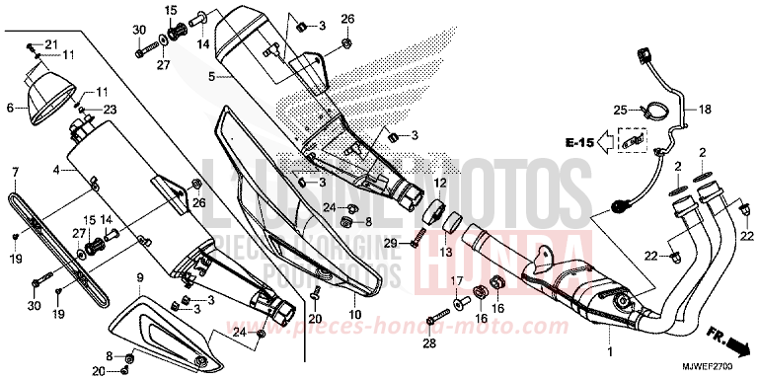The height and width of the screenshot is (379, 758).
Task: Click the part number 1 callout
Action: tap(609, 351)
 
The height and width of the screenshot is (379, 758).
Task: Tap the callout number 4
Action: tap(57, 171)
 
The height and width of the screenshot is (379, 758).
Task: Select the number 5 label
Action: tap(211, 74)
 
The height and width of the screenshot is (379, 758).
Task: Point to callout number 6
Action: tap(11, 108)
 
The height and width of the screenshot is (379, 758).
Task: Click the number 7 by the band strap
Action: tap(15, 172)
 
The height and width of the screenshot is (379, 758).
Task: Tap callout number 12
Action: tap(440, 184)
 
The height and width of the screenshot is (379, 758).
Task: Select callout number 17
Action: tap(458, 283)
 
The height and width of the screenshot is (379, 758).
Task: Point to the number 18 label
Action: tap(706, 109)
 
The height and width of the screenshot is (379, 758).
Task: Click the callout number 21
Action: tap(52, 44)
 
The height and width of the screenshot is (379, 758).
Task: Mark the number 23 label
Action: tap(110, 109)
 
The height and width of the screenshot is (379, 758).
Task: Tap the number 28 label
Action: tap(428, 341)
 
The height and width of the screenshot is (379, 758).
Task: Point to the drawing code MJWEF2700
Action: tap(723, 369)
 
